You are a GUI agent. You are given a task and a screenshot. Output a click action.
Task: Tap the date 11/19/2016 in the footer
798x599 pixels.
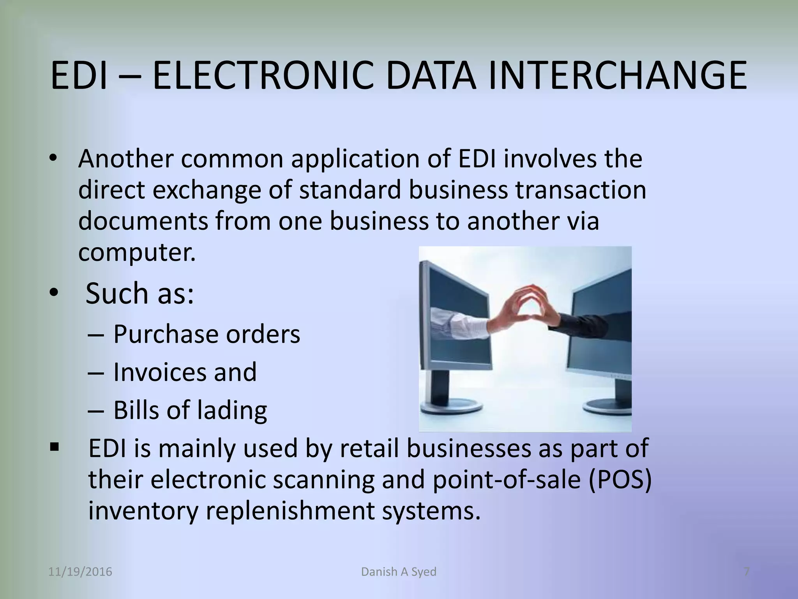[80, 572]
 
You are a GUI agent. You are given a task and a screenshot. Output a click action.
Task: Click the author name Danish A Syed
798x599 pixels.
[399, 572]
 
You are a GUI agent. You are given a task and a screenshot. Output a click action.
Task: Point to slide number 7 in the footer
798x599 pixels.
[747, 572]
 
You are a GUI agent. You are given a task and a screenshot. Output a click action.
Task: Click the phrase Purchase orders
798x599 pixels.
[207, 335]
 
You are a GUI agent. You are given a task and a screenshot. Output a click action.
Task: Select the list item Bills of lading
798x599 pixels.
[190, 410]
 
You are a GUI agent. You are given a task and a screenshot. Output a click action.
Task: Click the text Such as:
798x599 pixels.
[139, 293]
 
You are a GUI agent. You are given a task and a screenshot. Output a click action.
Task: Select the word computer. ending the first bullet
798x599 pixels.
[137, 253]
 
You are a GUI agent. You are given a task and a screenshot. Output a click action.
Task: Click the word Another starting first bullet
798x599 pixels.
[125, 159]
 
